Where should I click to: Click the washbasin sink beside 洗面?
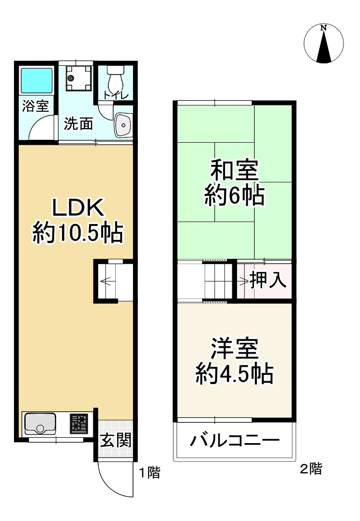tap(123, 126)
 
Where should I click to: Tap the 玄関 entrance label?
tap(115, 441)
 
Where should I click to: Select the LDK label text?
tap(78, 208)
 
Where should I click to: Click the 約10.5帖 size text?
tap(78, 234)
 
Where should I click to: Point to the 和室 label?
tap(234, 171)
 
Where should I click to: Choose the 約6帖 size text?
tap(234, 196)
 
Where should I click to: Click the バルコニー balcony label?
tap(235, 441)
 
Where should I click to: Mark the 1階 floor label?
tap(150, 473)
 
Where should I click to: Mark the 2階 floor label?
tap(311, 468)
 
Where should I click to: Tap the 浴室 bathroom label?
tap(35, 106)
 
